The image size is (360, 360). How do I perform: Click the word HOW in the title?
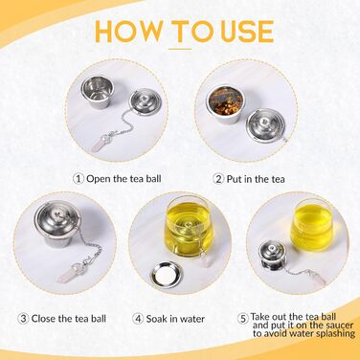click(128, 32)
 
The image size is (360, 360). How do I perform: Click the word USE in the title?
click(247, 32)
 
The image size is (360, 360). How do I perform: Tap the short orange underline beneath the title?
click(180, 49)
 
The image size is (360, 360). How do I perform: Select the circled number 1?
click(79, 178)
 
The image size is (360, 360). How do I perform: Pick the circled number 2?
click(218, 179)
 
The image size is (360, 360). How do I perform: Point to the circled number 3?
click(23, 318)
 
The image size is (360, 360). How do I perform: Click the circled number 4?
click(138, 319)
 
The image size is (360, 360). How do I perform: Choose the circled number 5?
click(243, 318)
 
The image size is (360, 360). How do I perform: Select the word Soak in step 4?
click(157, 319)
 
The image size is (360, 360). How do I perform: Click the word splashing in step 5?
click(335, 334)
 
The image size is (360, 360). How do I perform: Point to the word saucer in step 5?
click(338, 326)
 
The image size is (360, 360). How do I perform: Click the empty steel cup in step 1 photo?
click(95, 92)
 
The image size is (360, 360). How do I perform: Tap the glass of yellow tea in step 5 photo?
click(311, 223)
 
